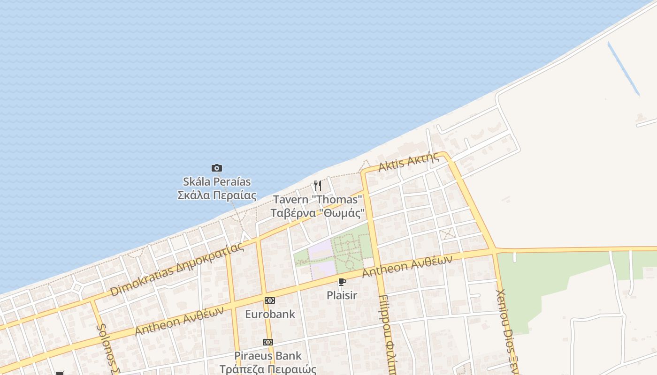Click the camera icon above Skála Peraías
click(x=216, y=168)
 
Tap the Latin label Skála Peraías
click(x=216, y=181)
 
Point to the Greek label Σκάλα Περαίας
click(x=216, y=195)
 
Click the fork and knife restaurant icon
click(x=318, y=186)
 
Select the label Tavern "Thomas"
click(x=318, y=200)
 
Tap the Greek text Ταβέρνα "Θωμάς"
click(x=318, y=213)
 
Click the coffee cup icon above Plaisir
click(x=342, y=282)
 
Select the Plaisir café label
click(x=342, y=295)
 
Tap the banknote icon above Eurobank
click(x=269, y=300)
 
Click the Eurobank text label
click(x=270, y=314)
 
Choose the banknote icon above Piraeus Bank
click(x=268, y=342)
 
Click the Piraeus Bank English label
click(x=268, y=356)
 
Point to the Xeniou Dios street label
click(x=507, y=330)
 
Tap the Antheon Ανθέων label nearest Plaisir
click(x=407, y=266)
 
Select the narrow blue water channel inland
click(x=623, y=68)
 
